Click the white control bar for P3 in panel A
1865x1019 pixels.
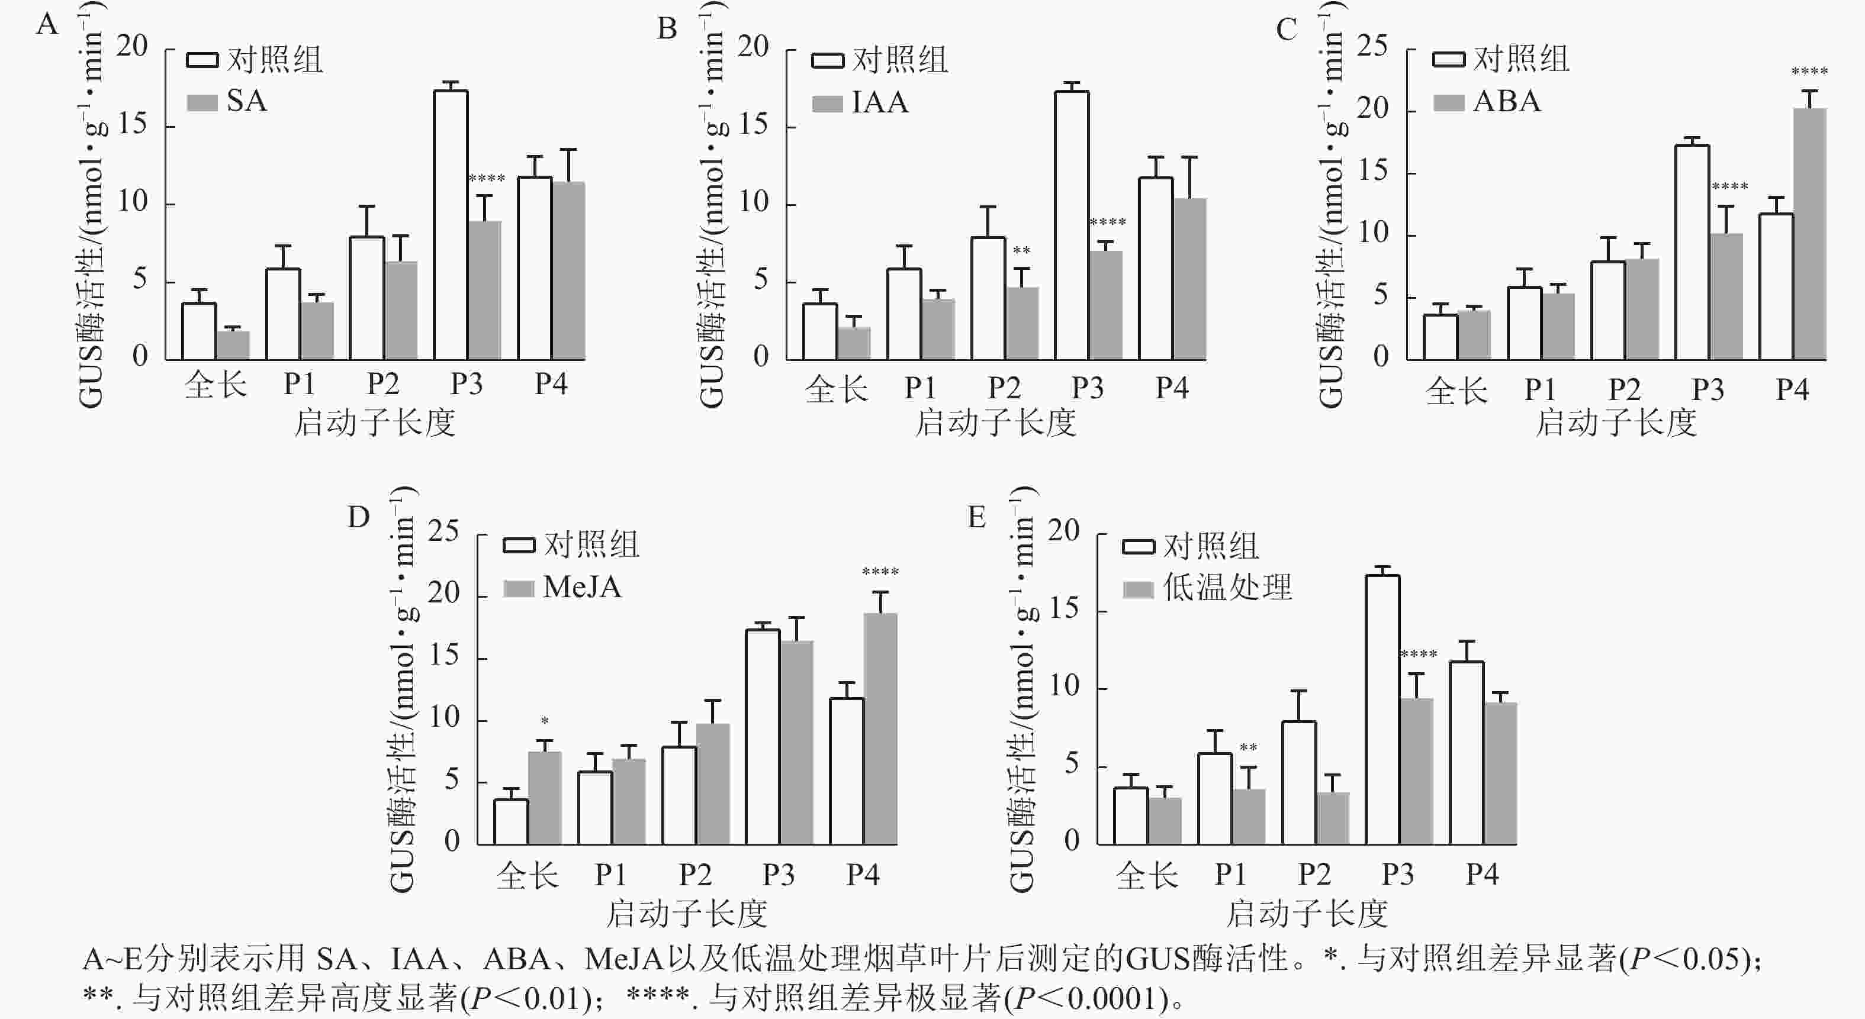click(451, 224)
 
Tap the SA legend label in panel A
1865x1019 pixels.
click(247, 101)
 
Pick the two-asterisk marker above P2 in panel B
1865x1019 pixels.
click(1021, 251)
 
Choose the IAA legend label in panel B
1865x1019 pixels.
click(880, 102)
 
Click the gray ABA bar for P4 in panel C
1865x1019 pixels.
click(1809, 234)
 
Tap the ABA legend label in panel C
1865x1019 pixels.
click(1507, 101)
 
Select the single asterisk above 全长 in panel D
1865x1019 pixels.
click(545, 721)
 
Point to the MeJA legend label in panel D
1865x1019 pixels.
click(582, 587)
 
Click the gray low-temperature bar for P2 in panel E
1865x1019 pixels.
click(1332, 818)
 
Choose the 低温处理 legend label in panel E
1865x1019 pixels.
click(1227, 587)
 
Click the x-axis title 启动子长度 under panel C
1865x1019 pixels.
click(1616, 423)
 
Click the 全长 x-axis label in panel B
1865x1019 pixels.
click(836, 389)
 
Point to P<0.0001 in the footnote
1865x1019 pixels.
click(1092, 999)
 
